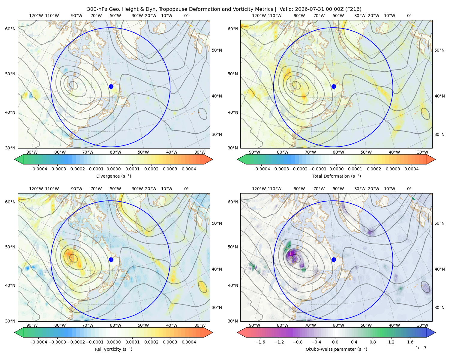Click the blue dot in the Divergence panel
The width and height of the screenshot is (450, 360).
tap(111, 86)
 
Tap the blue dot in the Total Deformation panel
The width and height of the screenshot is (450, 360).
tap(334, 86)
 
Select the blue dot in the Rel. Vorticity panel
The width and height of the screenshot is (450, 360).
tap(111, 259)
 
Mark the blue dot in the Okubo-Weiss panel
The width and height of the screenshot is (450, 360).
tap(334, 259)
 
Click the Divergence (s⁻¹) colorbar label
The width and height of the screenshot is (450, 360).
tap(113, 176)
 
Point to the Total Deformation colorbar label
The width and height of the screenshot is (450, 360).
tap(336, 176)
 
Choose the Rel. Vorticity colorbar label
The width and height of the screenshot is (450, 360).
tap(113, 349)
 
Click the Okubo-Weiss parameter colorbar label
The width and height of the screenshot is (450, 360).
tap(336, 349)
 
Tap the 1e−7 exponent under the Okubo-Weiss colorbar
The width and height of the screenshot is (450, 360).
tap(421, 348)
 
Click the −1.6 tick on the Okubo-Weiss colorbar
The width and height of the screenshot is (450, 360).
tap(260, 342)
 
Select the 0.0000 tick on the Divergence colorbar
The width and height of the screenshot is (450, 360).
tap(113, 169)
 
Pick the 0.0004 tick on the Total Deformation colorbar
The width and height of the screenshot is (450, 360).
tap(411, 169)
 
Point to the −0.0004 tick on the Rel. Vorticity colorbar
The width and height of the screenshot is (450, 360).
tap(38, 342)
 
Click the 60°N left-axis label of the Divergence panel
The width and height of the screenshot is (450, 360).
tap(10, 29)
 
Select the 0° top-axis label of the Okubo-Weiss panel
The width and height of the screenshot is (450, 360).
tap(409, 189)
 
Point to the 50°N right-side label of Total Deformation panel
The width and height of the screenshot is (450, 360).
tap(439, 50)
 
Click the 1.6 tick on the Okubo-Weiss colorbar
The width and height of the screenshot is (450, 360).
tap(410, 342)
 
